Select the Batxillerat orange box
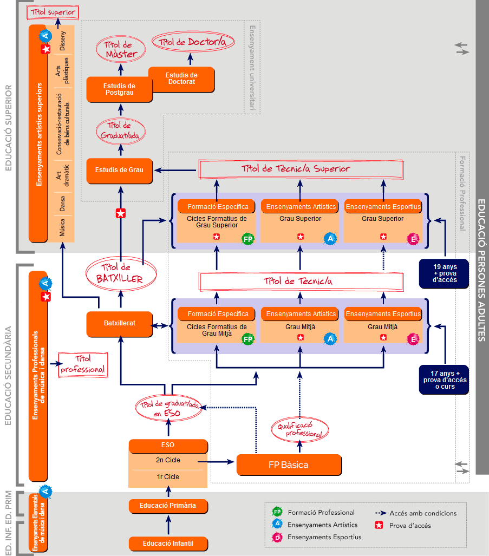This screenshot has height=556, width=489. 120,323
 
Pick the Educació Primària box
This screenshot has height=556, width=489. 168,506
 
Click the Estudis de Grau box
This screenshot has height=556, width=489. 120,170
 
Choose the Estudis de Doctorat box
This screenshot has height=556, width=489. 181,79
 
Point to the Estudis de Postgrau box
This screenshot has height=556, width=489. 119,89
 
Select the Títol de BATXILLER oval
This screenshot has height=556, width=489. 121,273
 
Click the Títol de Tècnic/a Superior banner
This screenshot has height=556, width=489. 302,169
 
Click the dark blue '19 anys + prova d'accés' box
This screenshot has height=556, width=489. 444,273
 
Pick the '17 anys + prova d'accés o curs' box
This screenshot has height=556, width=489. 444,380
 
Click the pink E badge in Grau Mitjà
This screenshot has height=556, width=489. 413,339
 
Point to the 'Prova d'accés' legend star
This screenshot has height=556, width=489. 379,525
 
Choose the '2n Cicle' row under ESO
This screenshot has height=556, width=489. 168,461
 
